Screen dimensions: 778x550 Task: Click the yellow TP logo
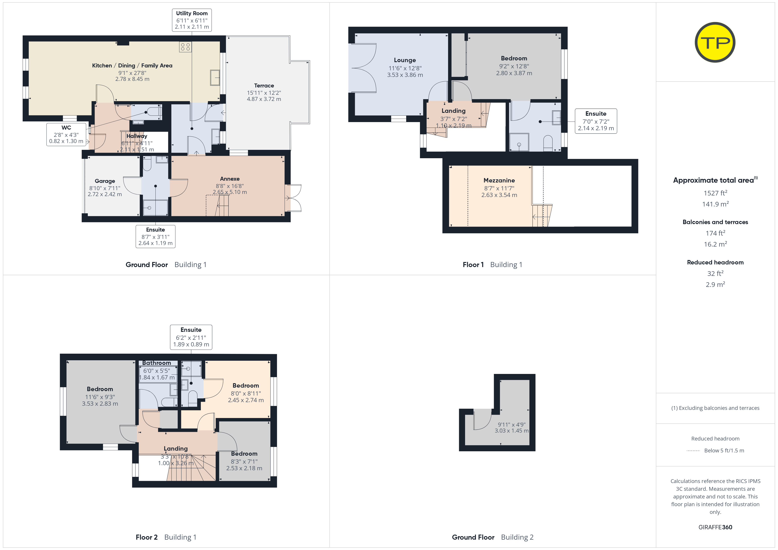pos(715,42)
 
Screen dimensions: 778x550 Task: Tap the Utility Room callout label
pos(192,20)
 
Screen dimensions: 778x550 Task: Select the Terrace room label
pos(264,86)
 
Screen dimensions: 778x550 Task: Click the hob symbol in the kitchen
pos(185,47)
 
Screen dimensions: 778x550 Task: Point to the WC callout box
pos(66,134)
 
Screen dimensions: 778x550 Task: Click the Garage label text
pos(105,181)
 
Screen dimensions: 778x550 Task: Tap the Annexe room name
pos(230,179)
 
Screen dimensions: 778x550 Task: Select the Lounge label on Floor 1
pos(405,60)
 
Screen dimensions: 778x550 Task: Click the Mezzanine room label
pos(499,180)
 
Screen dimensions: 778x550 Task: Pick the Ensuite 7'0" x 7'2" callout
pos(596,121)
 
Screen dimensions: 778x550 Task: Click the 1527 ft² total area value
pos(715,193)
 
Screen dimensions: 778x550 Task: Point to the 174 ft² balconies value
pos(715,233)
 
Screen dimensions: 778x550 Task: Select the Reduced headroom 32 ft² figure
pos(715,273)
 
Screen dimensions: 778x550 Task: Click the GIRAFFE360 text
pos(715,527)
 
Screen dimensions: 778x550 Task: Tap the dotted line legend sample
pos(693,451)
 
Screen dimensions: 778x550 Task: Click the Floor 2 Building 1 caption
pos(166,537)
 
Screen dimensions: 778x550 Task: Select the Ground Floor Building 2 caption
pos(493,537)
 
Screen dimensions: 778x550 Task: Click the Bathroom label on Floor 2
pos(157,363)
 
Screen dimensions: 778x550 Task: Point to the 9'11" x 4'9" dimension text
pos(512,425)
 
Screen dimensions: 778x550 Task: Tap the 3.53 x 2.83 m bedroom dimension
pos(100,404)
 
